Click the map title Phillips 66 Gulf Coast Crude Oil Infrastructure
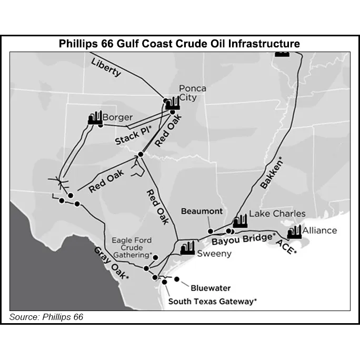[x=179, y=44]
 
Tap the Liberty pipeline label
[x=106, y=67]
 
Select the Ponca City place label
[x=192, y=93]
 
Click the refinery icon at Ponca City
[x=172, y=104]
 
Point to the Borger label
[x=117, y=117]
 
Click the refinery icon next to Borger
[x=95, y=118]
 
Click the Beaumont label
[x=202, y=211]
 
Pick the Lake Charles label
[x=277, y=214]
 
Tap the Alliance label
[x=319, y=231]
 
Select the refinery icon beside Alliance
[x=294, y=232]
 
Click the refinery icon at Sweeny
[x=187, y=248]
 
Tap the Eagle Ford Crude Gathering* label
[x=132, y=247]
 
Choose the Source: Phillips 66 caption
[x=46, y=317]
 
